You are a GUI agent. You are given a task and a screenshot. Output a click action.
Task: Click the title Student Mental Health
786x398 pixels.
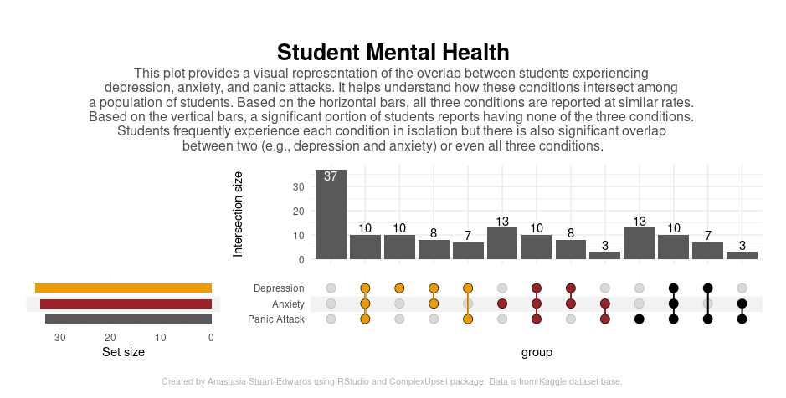(393, 53)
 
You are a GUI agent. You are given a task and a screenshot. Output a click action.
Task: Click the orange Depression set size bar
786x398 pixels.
(123, 288)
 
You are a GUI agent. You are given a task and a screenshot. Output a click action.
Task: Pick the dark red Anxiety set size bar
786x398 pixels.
(126, 304)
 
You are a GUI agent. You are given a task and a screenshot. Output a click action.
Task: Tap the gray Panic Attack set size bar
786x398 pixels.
(128, 319)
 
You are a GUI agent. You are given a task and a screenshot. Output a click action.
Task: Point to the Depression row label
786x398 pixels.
(279, 288)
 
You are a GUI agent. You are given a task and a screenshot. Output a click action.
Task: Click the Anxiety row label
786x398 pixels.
(288, 304)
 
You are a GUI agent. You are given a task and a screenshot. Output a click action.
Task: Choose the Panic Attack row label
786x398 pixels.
(276, 319)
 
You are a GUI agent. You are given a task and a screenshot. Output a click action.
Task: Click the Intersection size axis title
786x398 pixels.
(238, 214)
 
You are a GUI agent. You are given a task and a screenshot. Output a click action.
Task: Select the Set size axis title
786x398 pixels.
(123, 353)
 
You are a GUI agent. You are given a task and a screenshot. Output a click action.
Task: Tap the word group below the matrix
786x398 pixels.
(537, 353)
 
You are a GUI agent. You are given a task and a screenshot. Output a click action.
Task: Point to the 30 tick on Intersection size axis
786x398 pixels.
(299, 186)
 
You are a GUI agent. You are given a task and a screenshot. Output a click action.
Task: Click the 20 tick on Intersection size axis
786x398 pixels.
(299, 211)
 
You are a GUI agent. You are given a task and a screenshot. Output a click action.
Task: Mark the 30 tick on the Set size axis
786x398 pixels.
(60, 338)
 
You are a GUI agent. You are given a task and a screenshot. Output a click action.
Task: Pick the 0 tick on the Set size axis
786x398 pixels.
(211, 338)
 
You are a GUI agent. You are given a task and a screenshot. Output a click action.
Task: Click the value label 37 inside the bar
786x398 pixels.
(331, 176)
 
